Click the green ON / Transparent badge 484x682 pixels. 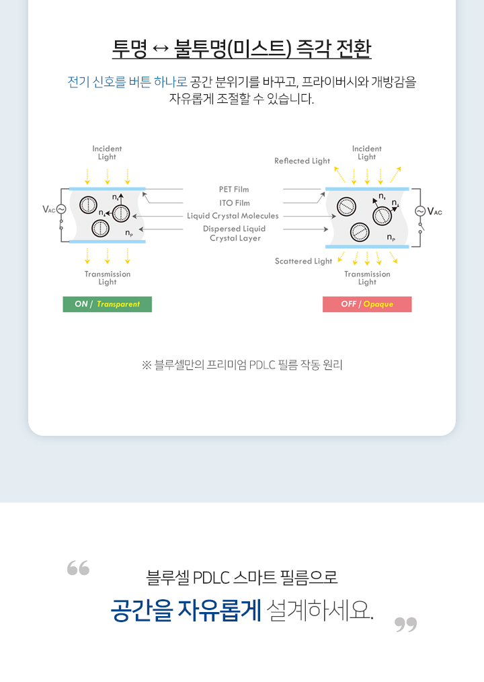coord(108,304)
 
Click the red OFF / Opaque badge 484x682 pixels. coord(367,304)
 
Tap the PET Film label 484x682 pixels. coord(234,190)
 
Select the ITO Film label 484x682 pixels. coord(234,203)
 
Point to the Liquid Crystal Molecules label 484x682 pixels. coord(233,216)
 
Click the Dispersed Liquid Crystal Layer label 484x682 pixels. coord(235,233)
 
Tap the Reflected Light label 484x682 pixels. coord(302,161)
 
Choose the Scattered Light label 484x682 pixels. coord(303,261)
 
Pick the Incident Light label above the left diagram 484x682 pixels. coord(107,153)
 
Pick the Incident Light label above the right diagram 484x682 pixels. coord(366,153)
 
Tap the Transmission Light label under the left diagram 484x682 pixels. coord(108,278)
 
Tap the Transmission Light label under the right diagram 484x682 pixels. coord(367,278)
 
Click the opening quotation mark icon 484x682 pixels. coord(78,568)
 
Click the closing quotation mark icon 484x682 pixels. coord(405,625)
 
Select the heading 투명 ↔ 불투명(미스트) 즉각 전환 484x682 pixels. coord(242,49)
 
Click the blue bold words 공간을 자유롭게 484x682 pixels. coord(186,610)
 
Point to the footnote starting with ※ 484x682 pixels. coord(242,365)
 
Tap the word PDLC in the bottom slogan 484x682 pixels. coord(212,577)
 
